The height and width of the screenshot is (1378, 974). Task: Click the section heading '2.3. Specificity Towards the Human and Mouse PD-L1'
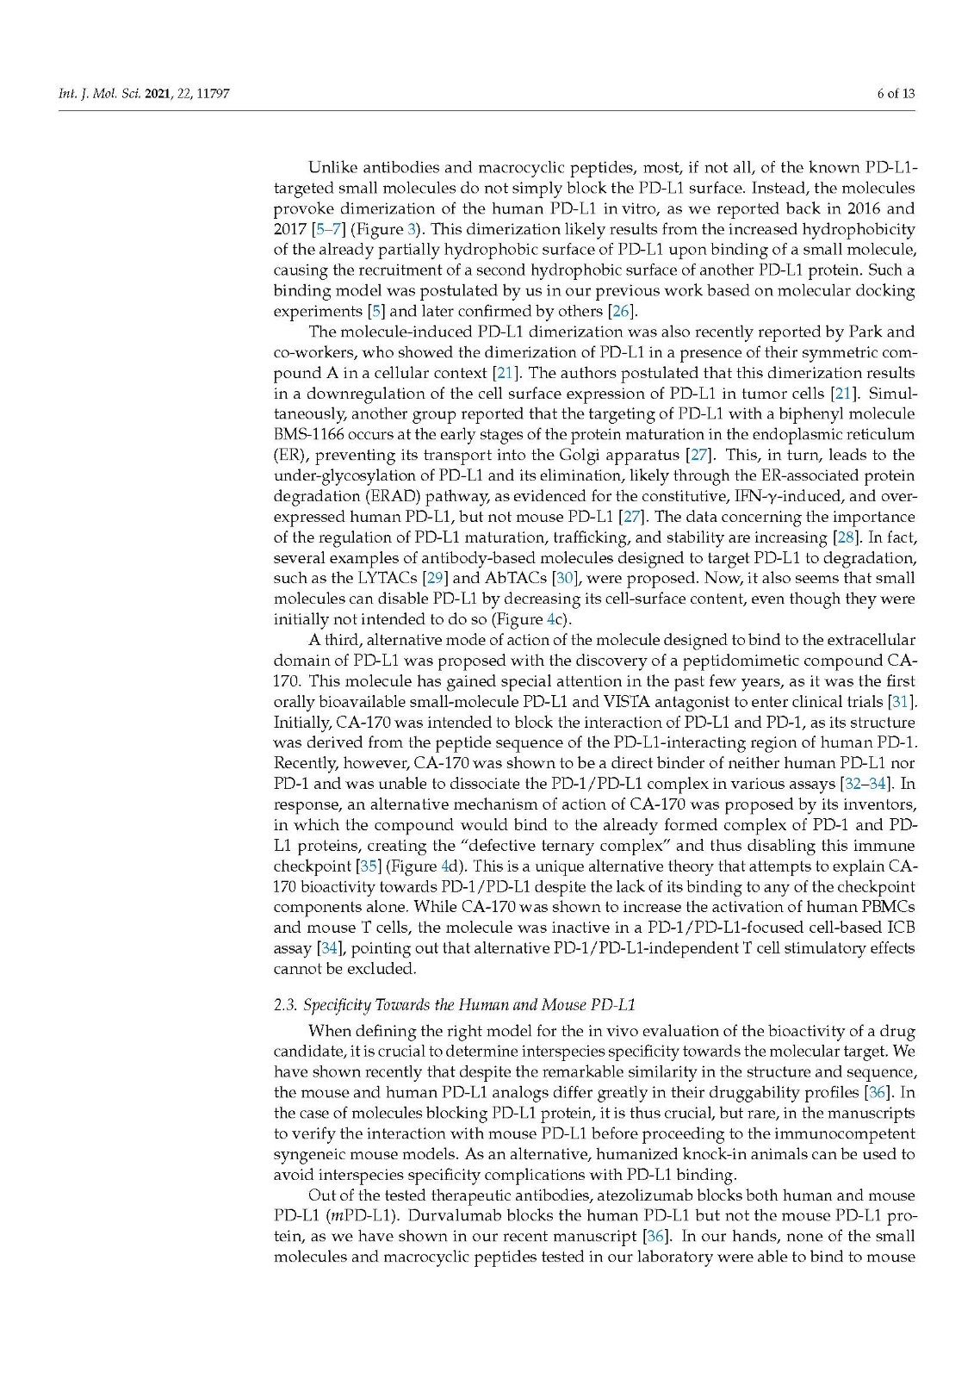pyautogui.click(x=454, y=1005)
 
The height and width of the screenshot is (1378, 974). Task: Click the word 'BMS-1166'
pyautogui.click(x=308, y=434)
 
